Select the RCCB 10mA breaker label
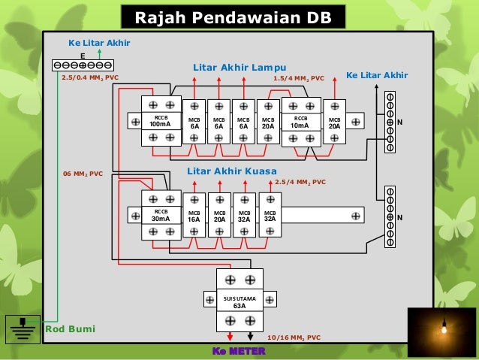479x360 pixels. (x=300, y=121)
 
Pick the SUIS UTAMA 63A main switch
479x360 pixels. (x=239, y=302)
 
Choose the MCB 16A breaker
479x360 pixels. (x=194, y=216)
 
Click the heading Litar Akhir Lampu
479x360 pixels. (x=239, y=66)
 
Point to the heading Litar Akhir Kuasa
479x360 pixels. (x=232, y=171)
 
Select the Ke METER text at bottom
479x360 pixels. (x=239, y=351)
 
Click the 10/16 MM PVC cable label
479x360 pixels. (x=294, y=337)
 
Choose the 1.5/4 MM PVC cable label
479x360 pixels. (x=298, y=77)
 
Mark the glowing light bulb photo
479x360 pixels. (x=441, y=331)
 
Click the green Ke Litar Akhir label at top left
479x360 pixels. (x=99, y=44)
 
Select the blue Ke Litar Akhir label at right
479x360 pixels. (x=376, y=76)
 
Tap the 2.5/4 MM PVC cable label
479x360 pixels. (x=300, y=182)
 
